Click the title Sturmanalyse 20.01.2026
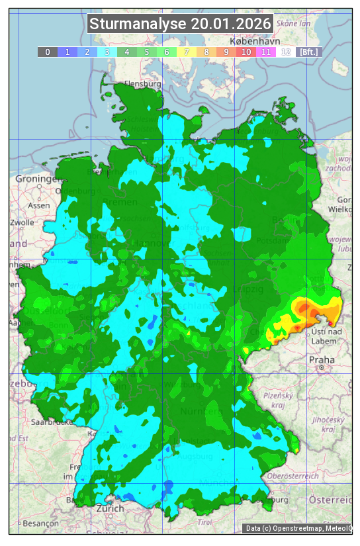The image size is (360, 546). pyautogui.click(x=180, y=24)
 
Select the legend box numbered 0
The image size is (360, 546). pyautogui.click(x=47, y=52)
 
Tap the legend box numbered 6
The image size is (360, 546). pyautogui.click(x=166, y=52)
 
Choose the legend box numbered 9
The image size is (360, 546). pyautogui.click(x=226, y=52)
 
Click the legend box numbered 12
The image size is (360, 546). pyautogui.click(x=285, y=52)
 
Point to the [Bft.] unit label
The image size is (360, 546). pyautogui.click(x=308, y=52)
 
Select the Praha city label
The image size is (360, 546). pyautogui.click(x=322, y=359)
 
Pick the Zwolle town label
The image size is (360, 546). pyautogui.click(x=22, y=222)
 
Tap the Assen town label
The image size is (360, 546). pyautogui.click(x=39, y=205)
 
